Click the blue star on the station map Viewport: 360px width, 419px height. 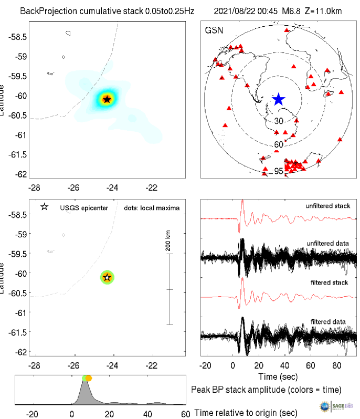(278, 99)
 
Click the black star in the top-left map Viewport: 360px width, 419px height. (107, 99)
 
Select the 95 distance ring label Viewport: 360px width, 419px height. (279, 171)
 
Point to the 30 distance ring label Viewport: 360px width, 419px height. (279, 121)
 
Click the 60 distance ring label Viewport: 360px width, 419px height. (279, 144)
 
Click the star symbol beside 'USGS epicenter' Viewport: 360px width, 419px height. (44, 207)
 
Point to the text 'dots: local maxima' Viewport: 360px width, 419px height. (152, 208)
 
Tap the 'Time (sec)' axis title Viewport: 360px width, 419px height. (278, 376)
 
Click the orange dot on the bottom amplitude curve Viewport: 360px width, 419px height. (89, 378)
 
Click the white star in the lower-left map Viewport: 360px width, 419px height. (107, 277)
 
